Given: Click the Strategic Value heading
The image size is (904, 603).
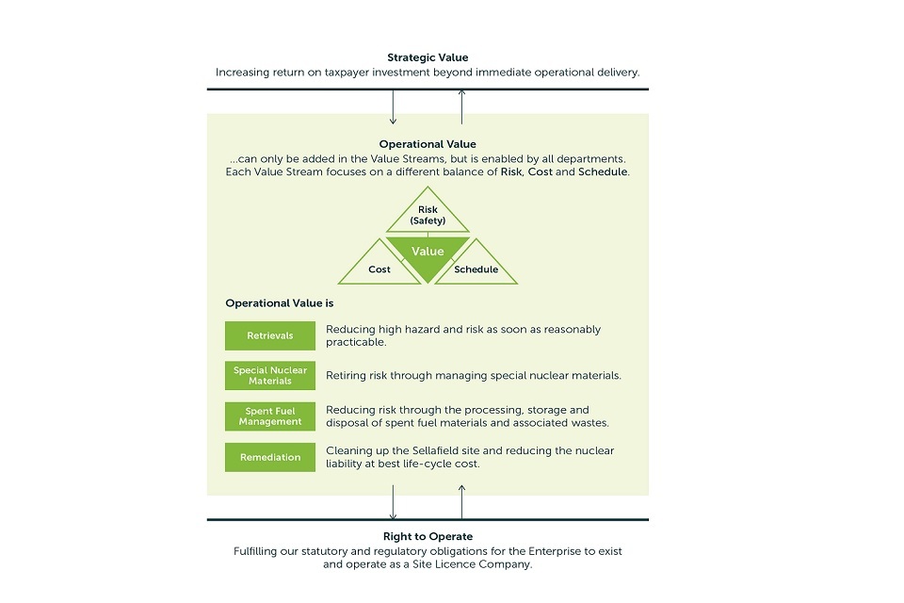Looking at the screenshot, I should click(428, 58).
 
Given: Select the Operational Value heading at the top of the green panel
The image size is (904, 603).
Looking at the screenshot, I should click(428, 144).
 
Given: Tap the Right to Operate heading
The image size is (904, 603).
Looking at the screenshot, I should click(428, 536).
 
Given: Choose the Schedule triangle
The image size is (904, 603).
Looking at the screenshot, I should click(476, 268).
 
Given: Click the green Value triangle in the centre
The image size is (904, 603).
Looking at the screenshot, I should click(428, 255).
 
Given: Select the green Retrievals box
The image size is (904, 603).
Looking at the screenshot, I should click(269, 335).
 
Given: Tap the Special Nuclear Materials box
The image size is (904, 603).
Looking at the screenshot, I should click(269, 375).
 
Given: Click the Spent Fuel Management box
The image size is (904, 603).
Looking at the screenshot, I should click(269, 416).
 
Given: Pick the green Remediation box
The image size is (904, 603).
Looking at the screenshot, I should click(269, 457).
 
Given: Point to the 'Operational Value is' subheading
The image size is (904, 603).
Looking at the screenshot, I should click(279, 303).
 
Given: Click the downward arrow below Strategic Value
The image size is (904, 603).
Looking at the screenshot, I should click(394, 107).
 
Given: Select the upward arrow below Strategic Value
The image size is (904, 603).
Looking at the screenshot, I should click(461, 107).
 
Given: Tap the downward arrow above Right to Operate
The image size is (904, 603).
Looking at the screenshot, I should click(394, 501).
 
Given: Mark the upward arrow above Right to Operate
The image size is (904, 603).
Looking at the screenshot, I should click(461, 501).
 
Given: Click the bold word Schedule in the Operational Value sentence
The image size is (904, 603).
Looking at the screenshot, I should click(603, 172).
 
